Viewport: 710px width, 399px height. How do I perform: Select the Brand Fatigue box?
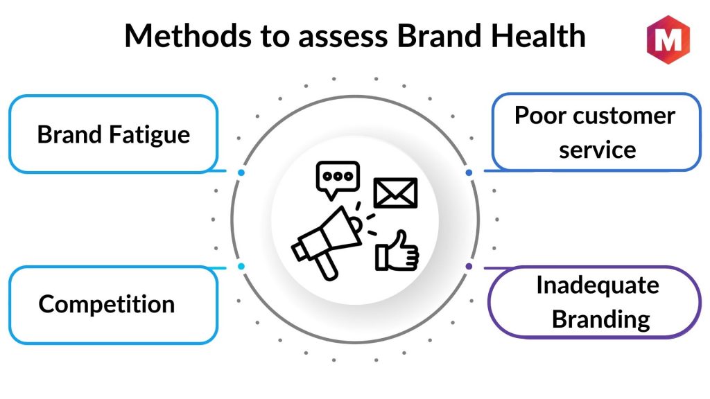pos(114,134)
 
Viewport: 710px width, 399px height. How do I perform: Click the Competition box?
pos(114,304)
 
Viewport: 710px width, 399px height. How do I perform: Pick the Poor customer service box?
pos(596,132)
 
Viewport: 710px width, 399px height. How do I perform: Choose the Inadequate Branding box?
pos(596,302)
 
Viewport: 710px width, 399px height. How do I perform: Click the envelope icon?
pos(396,193)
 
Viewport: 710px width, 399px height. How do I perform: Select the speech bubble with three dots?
pos(338,177)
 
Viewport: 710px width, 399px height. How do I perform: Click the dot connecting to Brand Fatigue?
pos(241,172)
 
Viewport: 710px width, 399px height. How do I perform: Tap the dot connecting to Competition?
pos(241,266)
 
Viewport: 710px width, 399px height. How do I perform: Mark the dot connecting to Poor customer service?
pos(469,172)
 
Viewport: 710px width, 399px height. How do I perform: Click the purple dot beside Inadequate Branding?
pos(469,266)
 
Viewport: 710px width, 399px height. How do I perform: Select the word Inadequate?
pos(597,285)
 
